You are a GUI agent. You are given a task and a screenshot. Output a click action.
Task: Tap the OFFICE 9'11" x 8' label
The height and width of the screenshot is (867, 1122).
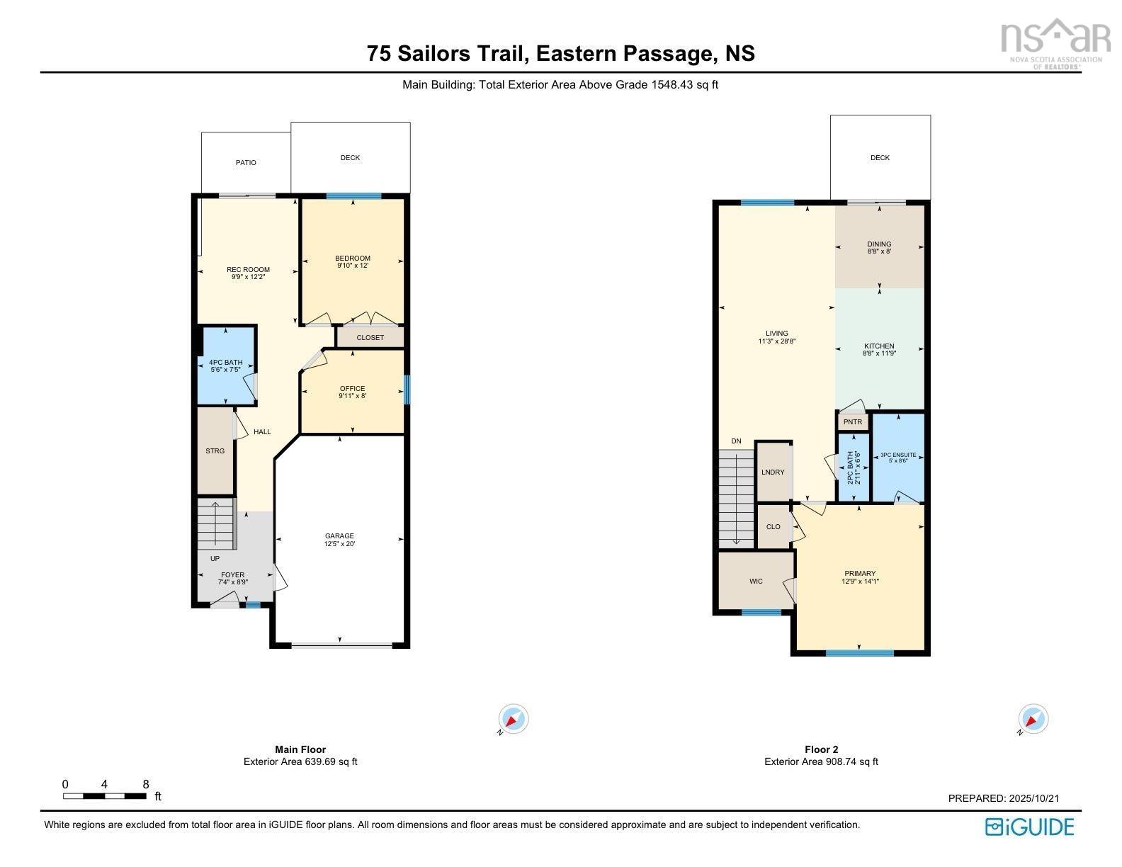coord(352,392)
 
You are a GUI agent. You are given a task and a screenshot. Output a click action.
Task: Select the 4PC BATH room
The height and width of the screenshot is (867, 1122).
coord(225,365)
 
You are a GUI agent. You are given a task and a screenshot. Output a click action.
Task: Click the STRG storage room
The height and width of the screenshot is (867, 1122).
coord(215,450)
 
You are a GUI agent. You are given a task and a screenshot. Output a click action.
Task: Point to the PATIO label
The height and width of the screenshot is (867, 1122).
coord(246,163)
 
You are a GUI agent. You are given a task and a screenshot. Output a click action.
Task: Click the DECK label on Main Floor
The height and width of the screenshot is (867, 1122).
coord(350,158)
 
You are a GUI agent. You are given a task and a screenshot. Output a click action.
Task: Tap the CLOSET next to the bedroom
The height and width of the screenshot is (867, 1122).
coord(370,337)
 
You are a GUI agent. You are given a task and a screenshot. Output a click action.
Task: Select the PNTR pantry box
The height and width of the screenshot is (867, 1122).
coord(853,422)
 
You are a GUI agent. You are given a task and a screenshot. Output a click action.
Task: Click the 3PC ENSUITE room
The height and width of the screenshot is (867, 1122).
coord(897,458)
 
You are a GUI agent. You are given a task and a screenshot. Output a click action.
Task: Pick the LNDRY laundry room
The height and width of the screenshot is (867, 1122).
coord(773,472)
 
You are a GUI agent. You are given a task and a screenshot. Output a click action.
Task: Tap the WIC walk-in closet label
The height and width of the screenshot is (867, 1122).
coord(756,582)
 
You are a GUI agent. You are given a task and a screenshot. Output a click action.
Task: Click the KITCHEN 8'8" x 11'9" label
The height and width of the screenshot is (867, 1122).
coord(879,349)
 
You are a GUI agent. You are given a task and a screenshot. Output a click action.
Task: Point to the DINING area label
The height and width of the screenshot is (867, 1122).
coord(879,247)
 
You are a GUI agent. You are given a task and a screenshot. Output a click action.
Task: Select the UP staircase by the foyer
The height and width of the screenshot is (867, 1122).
coord(215,524)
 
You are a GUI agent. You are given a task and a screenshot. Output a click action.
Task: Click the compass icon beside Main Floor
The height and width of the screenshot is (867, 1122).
coord(514,719)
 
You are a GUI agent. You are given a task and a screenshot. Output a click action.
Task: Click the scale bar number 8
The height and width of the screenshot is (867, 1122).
coord(146,784)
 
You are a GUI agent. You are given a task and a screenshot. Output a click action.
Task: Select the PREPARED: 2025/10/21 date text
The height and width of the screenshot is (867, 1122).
coord(1003,798)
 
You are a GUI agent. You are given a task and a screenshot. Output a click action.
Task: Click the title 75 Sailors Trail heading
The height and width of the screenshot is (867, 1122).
coord(560,53)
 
